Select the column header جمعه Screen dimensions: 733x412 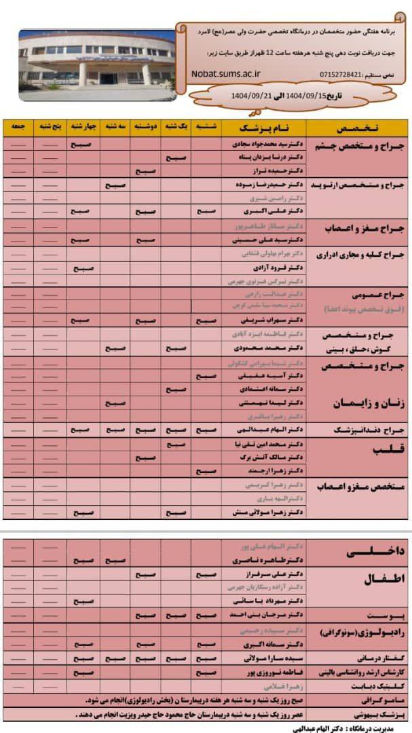click(x=19, y=128)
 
